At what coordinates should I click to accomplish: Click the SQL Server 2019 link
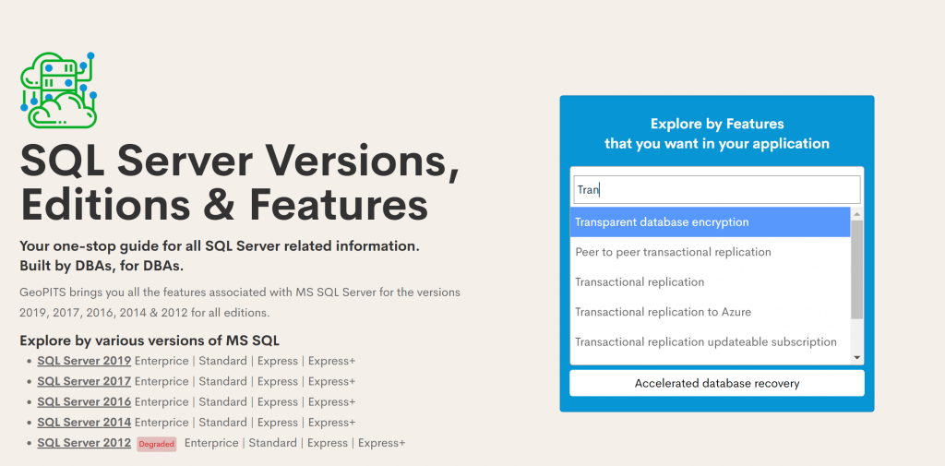click(x=84, y=361)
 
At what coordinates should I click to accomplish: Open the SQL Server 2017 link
click(x=84, y=382)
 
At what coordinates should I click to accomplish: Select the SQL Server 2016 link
click(x=84, y=402)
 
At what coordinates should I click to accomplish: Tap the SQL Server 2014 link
click(x=84, y=423)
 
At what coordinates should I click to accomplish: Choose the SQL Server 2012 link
click(x=84, y=443)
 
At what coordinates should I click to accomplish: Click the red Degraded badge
click(x=157, y=444)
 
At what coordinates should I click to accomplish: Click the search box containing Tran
click(x=716, y=190)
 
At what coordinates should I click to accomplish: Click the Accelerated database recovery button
click(x=716, y=383)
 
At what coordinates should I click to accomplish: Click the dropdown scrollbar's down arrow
click(x=857, y=358)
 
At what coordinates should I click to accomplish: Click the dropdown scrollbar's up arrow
click(x=857, y=214)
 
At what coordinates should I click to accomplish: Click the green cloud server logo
click(x=58, y=90)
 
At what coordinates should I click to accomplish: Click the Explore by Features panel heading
click(x=716, y=134)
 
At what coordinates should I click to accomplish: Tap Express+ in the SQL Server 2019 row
click(x=331, y=361)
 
